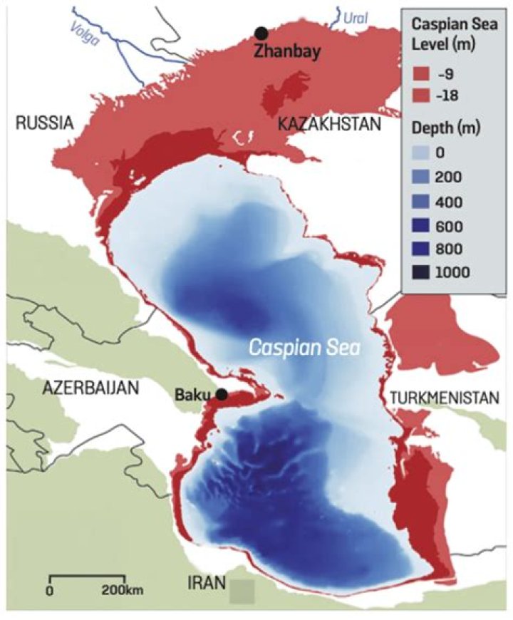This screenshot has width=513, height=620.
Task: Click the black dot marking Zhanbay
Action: click(x=262, y=33)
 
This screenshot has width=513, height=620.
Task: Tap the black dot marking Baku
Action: click(x=222, y=394)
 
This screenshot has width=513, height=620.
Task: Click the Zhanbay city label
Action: click(x=289, y=51)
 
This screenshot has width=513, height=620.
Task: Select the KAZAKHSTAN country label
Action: click(x=330, y=125)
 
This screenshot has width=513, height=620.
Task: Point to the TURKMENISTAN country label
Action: click(x=443, y=398)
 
